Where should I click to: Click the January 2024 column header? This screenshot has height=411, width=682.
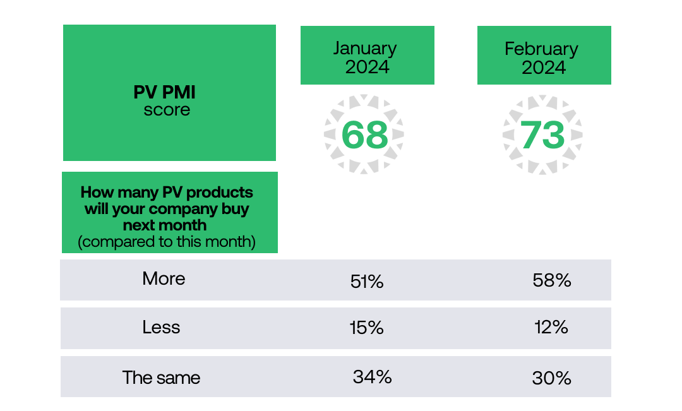[x=367, y=56]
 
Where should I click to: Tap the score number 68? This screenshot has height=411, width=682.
[x=364, y=134]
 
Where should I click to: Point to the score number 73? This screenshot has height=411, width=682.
[x=542, y=134]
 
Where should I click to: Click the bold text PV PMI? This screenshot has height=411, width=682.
[x=165, y=92]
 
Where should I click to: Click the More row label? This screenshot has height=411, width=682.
[x=164, y=278]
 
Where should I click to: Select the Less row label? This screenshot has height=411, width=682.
[x=161, y=327]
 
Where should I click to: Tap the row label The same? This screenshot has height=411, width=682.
[x=161, y=378]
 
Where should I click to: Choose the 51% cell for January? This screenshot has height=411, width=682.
[x=367, y=281]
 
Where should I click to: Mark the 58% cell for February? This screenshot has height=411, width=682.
[x=552, y=280]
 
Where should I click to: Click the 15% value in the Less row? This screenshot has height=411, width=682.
[x=366, y=328]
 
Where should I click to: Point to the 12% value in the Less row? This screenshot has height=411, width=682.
[x=550, y=327]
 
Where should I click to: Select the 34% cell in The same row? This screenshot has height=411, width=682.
[x=372, y=377]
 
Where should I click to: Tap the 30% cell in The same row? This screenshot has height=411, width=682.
[x=551, y=378]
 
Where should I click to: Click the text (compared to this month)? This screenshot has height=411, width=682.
[x=166, y=242]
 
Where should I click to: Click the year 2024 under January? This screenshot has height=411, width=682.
[x=367, y=67]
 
